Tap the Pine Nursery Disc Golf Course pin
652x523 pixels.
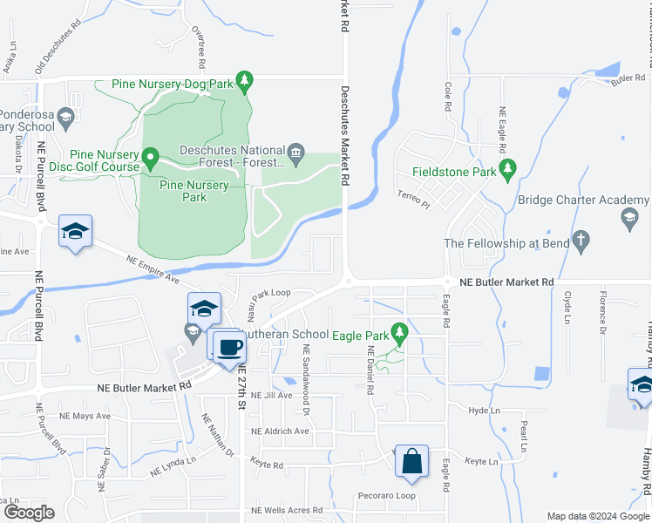coord(149,160)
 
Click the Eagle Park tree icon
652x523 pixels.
coord(400,332)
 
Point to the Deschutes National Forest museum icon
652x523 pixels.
coord(295,154)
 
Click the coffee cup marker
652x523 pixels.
coord(231,345)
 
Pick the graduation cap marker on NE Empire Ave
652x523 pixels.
coord(76,231)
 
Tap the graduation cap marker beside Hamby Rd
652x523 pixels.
coord(642,384)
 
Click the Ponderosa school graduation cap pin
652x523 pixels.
coord(65,118)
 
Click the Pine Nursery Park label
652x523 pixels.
coord(194,191)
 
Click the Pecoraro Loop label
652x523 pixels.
coord(387,496)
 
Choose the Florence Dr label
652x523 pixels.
coord(602,317)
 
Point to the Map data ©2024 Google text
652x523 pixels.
coord(597,516)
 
